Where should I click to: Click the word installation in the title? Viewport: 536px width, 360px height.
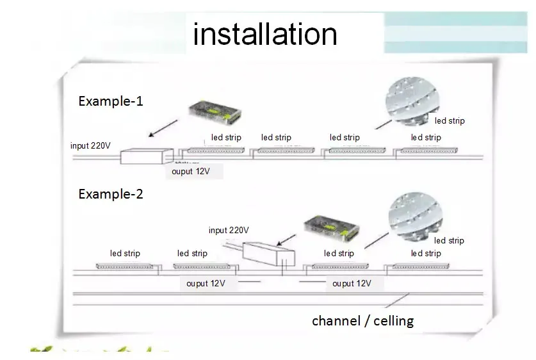(x=264, y=33)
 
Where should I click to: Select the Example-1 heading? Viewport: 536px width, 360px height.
(x=110, y=101)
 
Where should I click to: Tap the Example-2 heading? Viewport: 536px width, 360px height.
(x=110, y=194)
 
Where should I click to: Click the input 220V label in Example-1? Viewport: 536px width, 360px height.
(x=90, y=145)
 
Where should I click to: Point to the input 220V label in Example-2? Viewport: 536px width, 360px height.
(x=229, y=230)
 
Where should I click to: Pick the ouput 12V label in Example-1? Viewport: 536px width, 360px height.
(x=191, y=171)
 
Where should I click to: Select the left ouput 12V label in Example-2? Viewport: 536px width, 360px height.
(x=206, y=283)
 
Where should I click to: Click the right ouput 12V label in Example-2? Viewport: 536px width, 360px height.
(x=351, y=283)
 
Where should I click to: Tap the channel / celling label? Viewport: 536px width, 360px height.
(x=362, y=321)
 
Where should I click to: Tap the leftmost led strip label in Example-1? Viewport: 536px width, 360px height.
(x=226, y=137)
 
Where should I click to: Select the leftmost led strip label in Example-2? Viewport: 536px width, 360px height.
(x=125, y=253)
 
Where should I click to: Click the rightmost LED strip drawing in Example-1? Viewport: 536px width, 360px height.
(x=425, y=151)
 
